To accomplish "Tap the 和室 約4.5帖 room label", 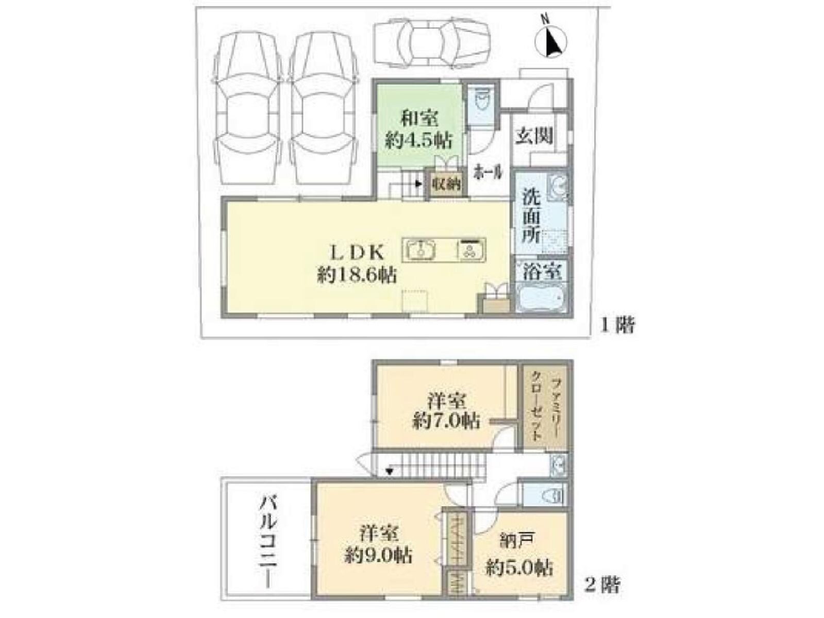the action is [x=419, y=130].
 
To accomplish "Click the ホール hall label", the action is [x=488, y=173].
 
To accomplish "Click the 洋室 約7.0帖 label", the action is [x=446, y=413].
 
